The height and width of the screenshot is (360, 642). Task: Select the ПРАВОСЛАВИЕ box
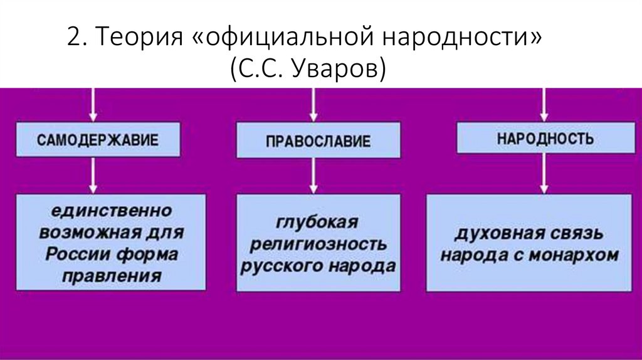click(x=318, y=141)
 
